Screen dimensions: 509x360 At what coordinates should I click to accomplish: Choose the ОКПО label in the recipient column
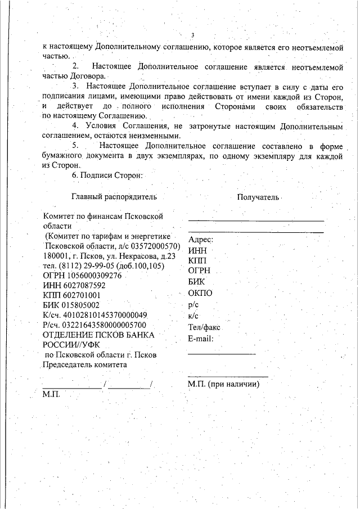click(x=200, y=292)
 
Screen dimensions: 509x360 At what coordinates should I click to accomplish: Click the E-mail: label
click(x=202, y=338)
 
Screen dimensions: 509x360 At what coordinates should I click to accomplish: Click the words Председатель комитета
click(x=85, y=364)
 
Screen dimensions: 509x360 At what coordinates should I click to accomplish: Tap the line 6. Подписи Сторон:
click(x=107, y=175)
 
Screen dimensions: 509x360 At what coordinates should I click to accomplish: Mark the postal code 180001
click(x=56, y=256)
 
